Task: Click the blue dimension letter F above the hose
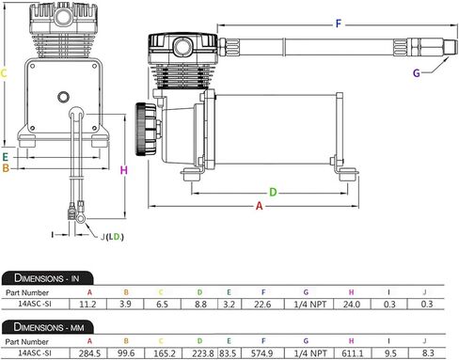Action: point(339,23)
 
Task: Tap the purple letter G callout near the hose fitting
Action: point(417,73)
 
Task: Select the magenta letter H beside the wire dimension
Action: point(124,170)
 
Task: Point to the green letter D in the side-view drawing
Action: point(273,192)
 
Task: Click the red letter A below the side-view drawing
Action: point(259,206)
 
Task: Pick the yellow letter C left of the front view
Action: point(4,73)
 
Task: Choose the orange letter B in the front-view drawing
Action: point(6,168)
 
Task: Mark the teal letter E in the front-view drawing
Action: point(5,157)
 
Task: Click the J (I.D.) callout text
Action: point(112,237)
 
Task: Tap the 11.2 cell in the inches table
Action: point(87,304)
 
